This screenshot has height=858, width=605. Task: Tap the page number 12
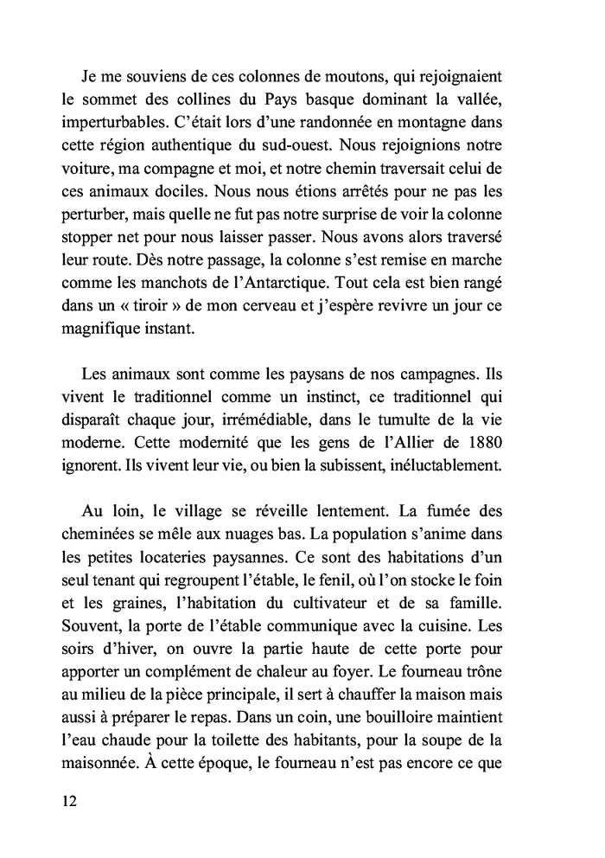[70, 800]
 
